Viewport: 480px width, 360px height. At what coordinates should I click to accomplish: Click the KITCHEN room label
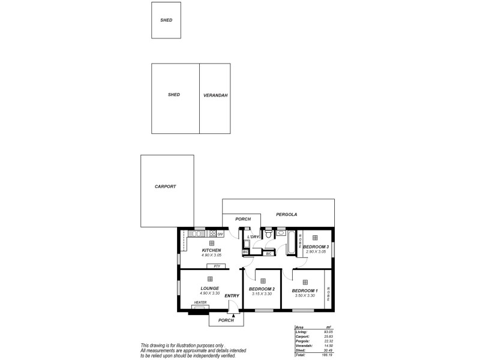pyautogui.click(x=211, y=250)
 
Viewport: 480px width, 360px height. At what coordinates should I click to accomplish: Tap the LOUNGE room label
pyautogui.click(x=210, y=288)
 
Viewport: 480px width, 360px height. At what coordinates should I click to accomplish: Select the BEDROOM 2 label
pyautogui.click(x=261, y=289)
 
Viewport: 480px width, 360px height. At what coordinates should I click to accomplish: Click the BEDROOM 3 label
pyautogui.click(x=316, y=247)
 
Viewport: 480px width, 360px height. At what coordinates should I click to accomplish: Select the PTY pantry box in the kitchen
pyautogui.click(x=216, y=266)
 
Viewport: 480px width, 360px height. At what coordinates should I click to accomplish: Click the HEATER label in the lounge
pyautogui.click(x=200, y=302)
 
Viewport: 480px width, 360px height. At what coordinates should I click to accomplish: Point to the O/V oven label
pyautogui.click(x=220, y=234)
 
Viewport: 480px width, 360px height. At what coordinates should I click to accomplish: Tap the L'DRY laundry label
pyautogui.click(x=253, y=238)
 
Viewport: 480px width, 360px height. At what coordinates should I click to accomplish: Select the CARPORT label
pyautogui.click(x=165, y=187)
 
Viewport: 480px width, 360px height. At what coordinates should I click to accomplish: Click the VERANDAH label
pyautogui.click(x=215, y=95)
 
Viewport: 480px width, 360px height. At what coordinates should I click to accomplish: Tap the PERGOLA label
pyautogui.click(x=286, y=214)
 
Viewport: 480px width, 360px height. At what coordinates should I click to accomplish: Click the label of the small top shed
pyautogui.click(x=166, y=20)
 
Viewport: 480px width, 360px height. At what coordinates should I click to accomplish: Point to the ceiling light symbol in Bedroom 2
pyautogui.click(x=262, y=280)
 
